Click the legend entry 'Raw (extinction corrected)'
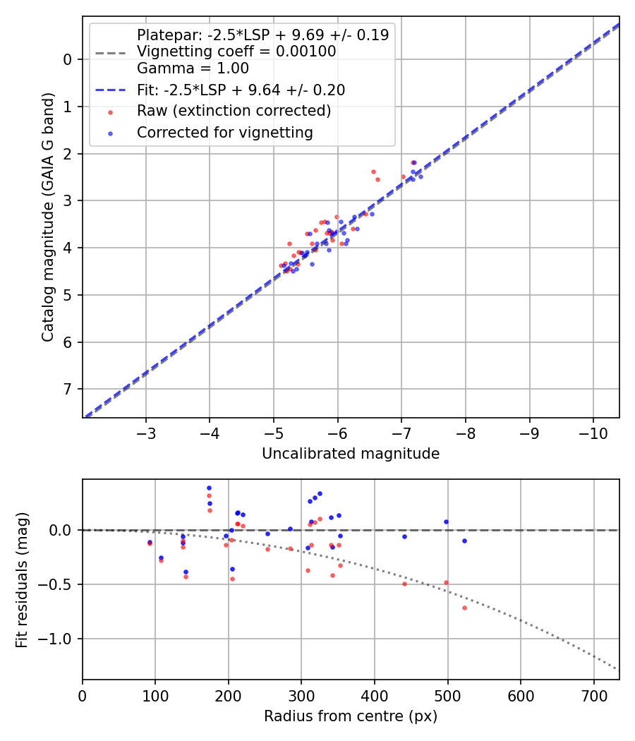click(234, 111)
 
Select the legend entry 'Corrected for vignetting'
click(224, 132)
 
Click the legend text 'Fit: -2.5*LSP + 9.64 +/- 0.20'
click(241, 90)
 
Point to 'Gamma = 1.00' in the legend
click(193, 68)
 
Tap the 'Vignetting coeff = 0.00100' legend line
click(236, 52)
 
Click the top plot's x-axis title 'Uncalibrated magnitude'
click(351, 454)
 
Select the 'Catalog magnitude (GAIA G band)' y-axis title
click(47, 216)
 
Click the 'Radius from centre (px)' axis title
click(351, 716)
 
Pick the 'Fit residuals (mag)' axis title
click(22, 579)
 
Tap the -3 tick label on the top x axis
click(146, 432)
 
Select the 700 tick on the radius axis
click(593, 694)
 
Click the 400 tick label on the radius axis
click(375, 694)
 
